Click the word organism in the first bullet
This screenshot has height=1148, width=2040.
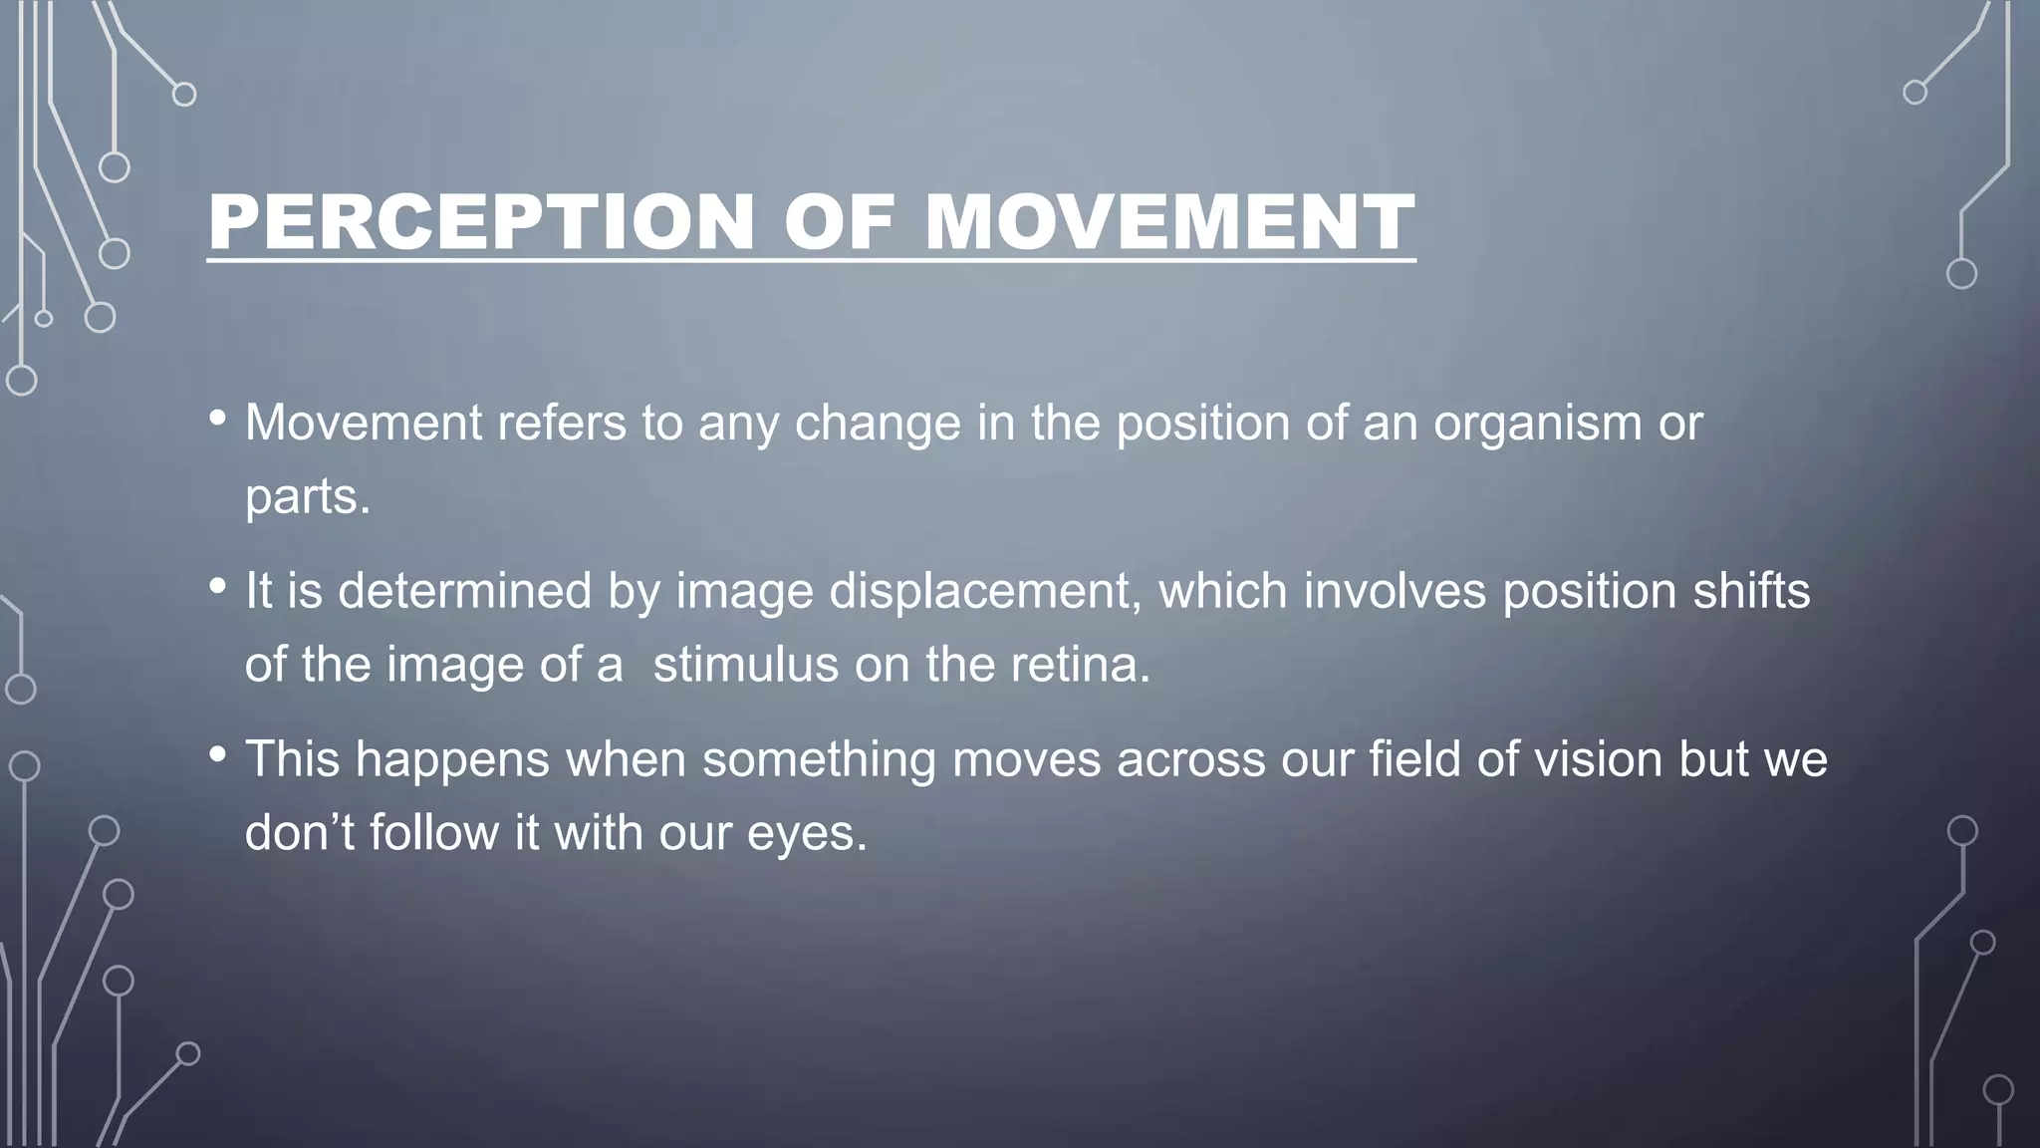pyautogui.click(x=1537, y=425)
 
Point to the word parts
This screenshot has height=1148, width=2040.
pyautogui.click(x=307, y=496)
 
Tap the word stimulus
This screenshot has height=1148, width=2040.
pyautogui.click(x=745, y=665)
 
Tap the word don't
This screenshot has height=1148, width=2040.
pyautogui.click(x=300, y=833)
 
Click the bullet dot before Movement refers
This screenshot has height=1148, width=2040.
pyautogui.click(x=218, y=419)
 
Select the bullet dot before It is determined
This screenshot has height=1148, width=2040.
pyautogui.click(x=218, y=587)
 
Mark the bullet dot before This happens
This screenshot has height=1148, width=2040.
pyautogui.click(x=218, y=755)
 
